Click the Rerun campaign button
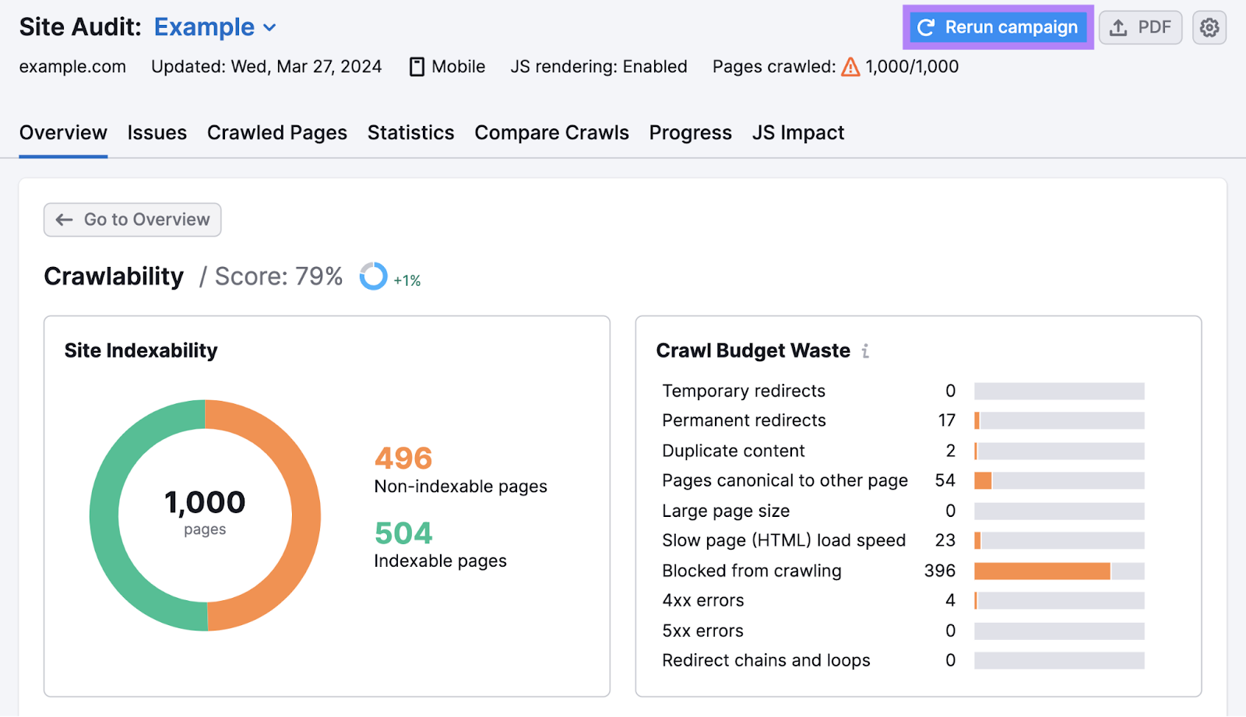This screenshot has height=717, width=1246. tap(998, 27)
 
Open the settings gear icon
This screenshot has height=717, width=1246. tap(1209, 27)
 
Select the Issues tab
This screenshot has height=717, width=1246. tap(157, 133)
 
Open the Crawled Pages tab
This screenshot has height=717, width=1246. tap(276, 133)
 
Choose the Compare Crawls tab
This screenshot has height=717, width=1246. tap(551, 133)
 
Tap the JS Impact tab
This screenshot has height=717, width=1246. tap(797, 133)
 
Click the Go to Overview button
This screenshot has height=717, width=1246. tap(132, 220)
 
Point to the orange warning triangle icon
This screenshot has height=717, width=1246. tap(850, 67)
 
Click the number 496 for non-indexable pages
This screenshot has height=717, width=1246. tap(403, 459)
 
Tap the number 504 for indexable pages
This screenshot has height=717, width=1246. tap(403, 533)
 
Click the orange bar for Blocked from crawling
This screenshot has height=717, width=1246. tap(1041, 571)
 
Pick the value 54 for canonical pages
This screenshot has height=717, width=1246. tap(945, 480)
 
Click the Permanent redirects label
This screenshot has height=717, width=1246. tap(744, 420)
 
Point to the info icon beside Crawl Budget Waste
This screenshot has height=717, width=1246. tap(865, 351)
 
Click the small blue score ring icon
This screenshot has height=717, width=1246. tap(373, 276)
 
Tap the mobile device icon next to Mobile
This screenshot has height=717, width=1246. tap(417, 67)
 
